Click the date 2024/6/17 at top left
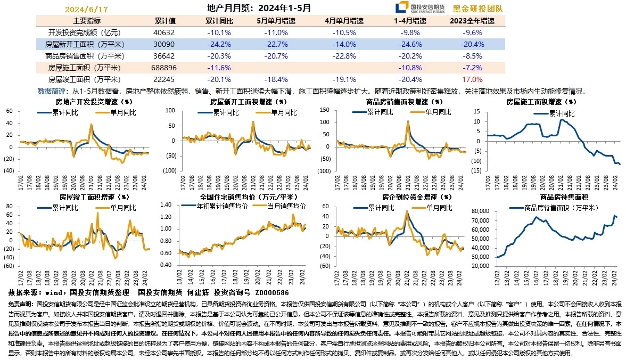click(x=86, y=10)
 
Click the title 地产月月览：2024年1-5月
click(x=259, y=9)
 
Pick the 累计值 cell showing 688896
click(x=164, y=68)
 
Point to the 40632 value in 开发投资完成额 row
click(x=164, y=32)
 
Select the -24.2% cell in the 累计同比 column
click(x=218, y=44)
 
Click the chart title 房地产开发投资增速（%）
click(x=94, y=101)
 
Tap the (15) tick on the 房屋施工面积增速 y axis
click(x=476, y=170)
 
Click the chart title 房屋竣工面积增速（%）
click(x=94, y=197)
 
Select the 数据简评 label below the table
click(x=53, y=91)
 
